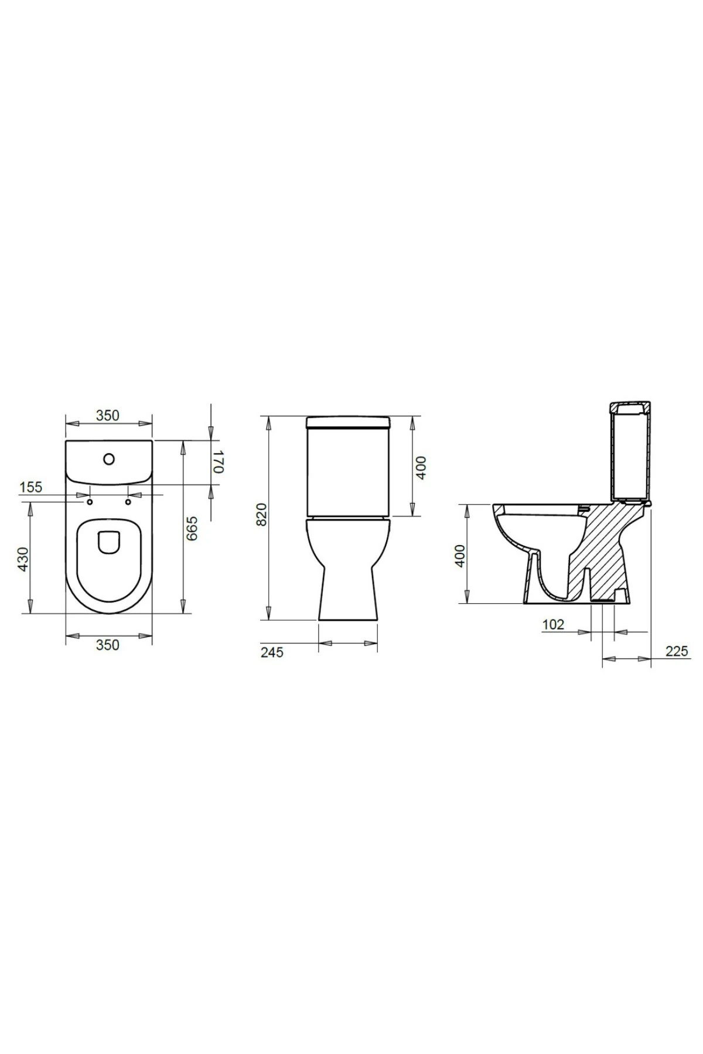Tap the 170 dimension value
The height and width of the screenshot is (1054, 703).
[218, 461]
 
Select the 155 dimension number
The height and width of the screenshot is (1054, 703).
[31, 487]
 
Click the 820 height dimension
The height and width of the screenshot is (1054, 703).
[262, 514]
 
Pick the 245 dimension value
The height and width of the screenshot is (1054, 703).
[271, 652]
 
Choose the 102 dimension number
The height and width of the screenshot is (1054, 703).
[553, 624]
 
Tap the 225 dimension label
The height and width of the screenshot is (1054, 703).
[677, 651]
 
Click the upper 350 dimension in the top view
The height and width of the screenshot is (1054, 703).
[108, 415]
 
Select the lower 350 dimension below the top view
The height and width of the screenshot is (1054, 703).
[108, 645]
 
